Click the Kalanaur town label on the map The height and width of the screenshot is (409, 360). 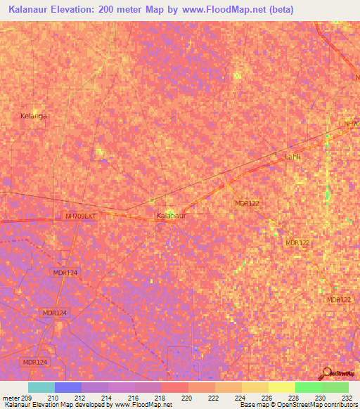click(171, 216)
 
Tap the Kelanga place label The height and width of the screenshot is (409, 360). click(33, 116)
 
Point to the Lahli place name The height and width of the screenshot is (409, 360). click(292, 157)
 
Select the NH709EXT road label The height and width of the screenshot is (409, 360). click(79, 216)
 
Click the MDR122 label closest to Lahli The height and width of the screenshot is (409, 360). click(247, 203)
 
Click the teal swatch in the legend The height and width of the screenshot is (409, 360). click(41, 387)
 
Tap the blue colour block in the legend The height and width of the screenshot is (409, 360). click(68, 387)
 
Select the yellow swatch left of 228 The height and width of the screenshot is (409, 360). click(281, 387)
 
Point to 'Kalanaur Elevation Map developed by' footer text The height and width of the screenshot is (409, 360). click(56, 405)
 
